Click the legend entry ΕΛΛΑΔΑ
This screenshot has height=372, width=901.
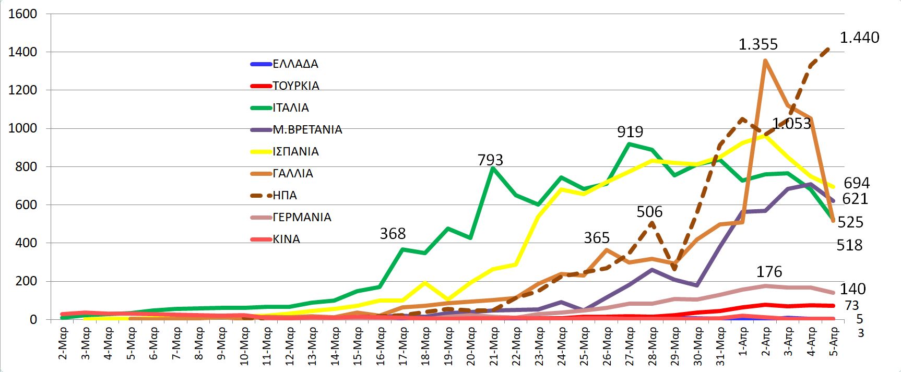pyautogui.click(x=295, y=64)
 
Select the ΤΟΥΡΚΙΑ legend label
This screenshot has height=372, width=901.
pyautogui.click(x=295, y=86)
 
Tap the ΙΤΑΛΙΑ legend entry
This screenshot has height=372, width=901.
pyautogui.click(x=291, y=108)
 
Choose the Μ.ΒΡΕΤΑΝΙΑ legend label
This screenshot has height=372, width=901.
pyautogui.click(x=307, y=130)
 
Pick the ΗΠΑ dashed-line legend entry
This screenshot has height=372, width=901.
pyautogui.click(x=284, y=196)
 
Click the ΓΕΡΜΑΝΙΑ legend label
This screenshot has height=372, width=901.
pyautogui.click(x=302, y=218)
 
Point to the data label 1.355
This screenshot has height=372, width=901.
pyautogui.click(x=758, y=44)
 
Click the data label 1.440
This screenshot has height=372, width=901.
pyautogui.click(x=859, y=38)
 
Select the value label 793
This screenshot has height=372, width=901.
pyautogui.click(x=490, y=160)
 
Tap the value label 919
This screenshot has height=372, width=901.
pyautogui.click(x=630, y=131)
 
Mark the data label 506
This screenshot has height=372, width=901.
pyautogui.click(x=649, y=212)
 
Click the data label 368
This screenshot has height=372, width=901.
pyautogui.click(x=393, y=234)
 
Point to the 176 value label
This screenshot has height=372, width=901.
pyautogui.click(x=769, y=272)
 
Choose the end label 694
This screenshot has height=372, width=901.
pyautogui.click(x=857, y=183)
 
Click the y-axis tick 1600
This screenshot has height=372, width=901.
pyautogui.click(x=23, y=14)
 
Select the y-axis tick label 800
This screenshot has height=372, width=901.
pyautogui.click(x=26, y=167)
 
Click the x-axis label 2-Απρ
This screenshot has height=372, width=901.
pyautogui.click(x=765, y=342)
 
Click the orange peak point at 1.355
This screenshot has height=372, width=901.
pyautogui.click(x=765, y=61)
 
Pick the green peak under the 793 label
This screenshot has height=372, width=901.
pyautogui.click(x=492, y=168)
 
